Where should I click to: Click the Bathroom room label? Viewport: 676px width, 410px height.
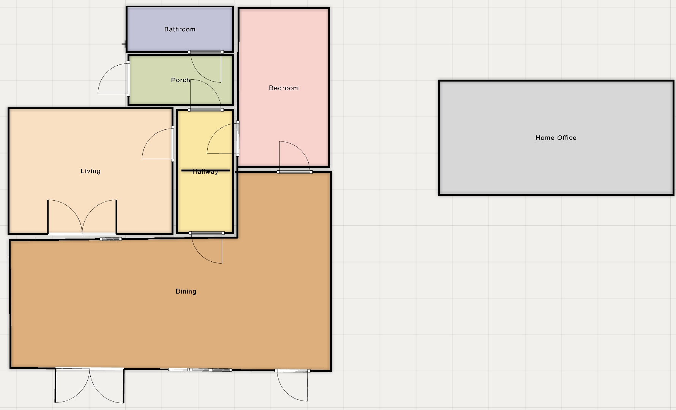[180, 29]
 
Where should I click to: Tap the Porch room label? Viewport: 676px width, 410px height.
[180, 80]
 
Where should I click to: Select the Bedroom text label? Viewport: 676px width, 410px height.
[284, 88]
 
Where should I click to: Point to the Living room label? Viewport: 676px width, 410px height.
[90, 171]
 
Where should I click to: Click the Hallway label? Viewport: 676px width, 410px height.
[205, 172]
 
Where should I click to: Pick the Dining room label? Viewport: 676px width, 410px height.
[186, 291]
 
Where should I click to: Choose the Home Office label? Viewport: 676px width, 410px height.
[556, 138]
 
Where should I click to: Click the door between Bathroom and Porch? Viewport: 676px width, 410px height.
[205, 67]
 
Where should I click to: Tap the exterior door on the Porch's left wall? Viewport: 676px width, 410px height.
[114, 79]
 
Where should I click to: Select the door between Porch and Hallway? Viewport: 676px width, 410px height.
[206, 95]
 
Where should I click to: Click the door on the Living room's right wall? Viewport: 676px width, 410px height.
[158, 144]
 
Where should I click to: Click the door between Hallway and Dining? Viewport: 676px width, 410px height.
[207, 248]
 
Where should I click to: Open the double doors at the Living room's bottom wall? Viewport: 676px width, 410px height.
[82, 217]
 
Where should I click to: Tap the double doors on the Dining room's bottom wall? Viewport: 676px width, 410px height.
[90, 385]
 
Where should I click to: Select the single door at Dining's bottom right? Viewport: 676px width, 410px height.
[293, 385]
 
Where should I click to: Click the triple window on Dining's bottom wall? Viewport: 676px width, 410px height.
[200, 370]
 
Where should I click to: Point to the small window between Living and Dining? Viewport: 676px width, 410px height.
[111, 239]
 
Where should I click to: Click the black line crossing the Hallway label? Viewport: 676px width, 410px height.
[206, 171]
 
